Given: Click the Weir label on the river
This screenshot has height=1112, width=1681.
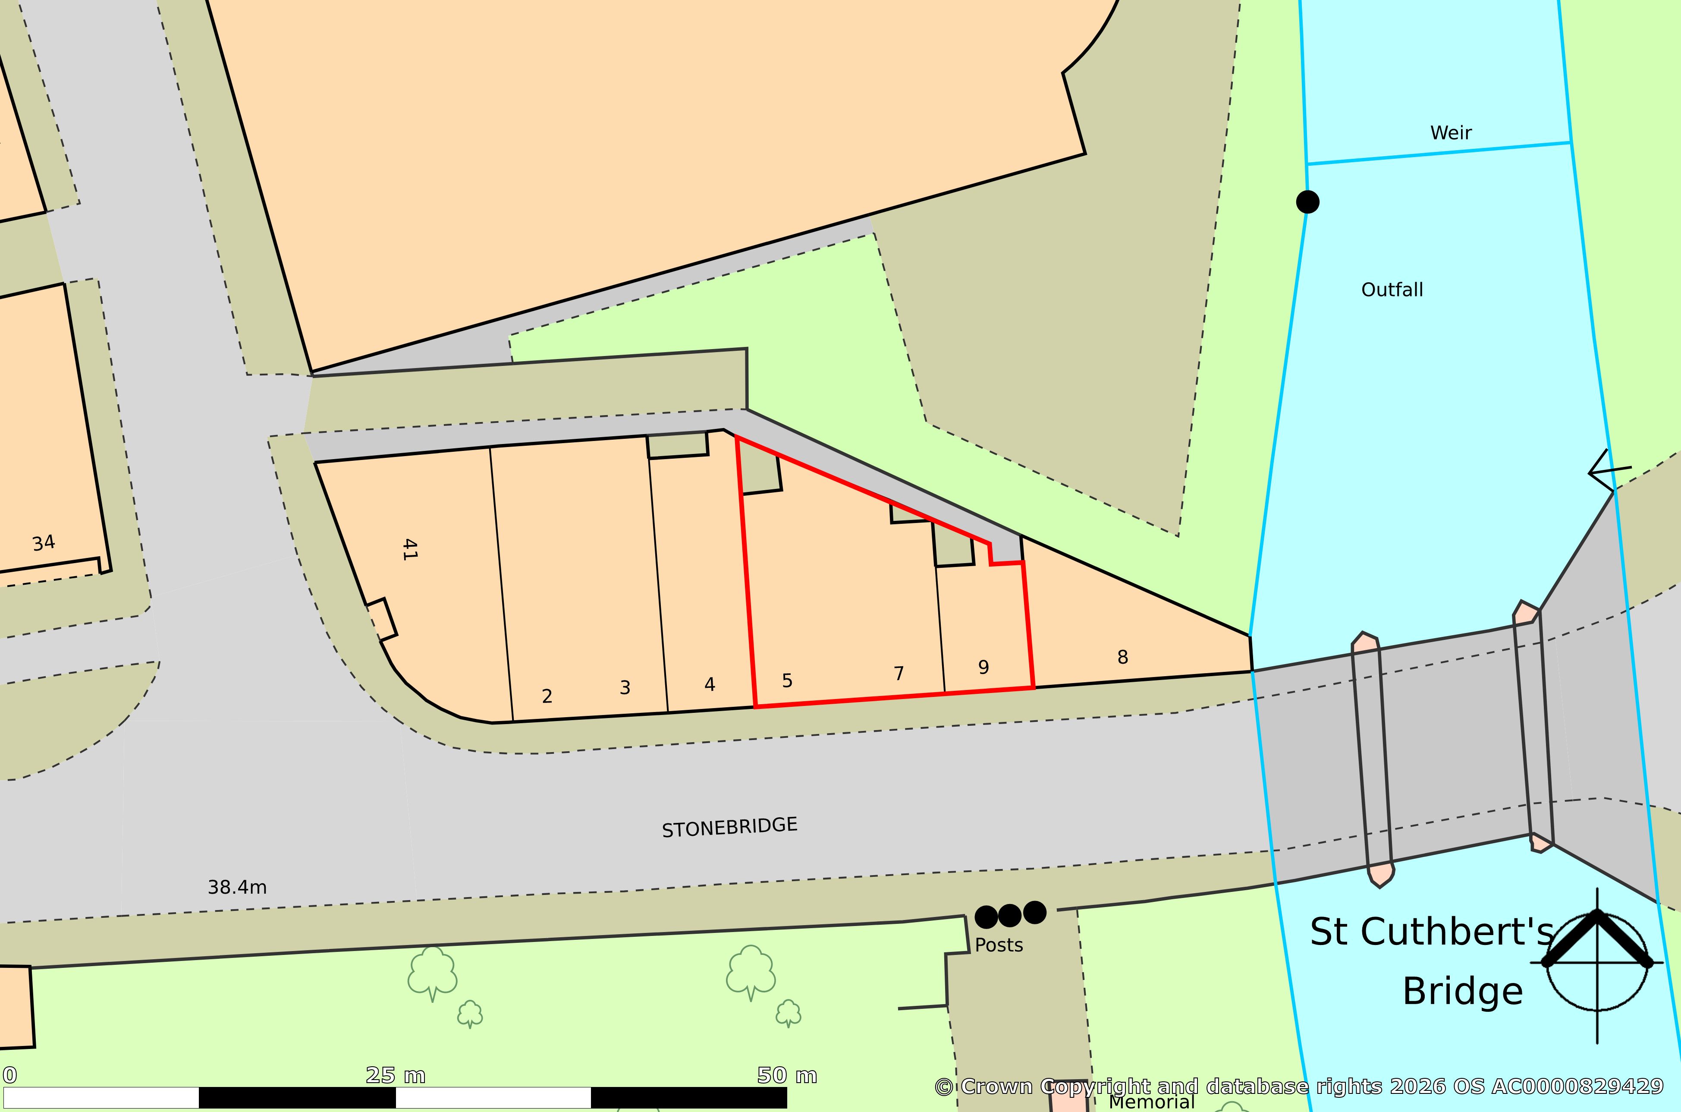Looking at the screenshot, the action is (x=1451, y=132).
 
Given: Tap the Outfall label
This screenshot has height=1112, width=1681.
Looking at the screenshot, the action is (x=1392, y=290).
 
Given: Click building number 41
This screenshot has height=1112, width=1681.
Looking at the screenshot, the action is (x=409, y=550).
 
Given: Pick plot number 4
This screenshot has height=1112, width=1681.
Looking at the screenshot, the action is (x=710, y=684).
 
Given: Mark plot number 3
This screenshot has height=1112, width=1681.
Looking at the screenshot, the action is (x=625, y=688).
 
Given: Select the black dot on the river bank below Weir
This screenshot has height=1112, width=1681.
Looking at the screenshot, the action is (x=1307, y=202).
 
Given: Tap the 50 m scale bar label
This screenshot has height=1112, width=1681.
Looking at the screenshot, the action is (x=787, y=1076).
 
